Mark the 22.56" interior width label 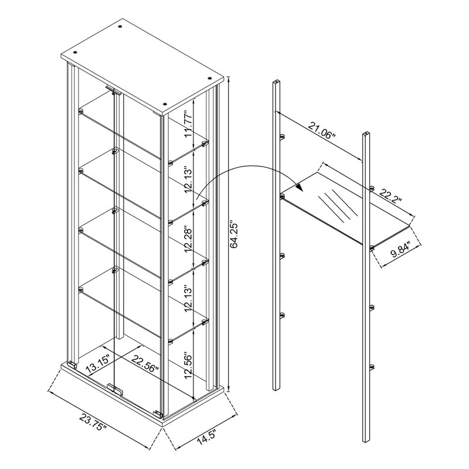point(145,363)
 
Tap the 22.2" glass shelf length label point(390,196)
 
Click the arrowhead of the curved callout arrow point(300,188)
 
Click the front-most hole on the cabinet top point(164,104)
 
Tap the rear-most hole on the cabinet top point(120,27)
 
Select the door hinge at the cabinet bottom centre point(115,389)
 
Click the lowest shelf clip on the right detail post point(372,368)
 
